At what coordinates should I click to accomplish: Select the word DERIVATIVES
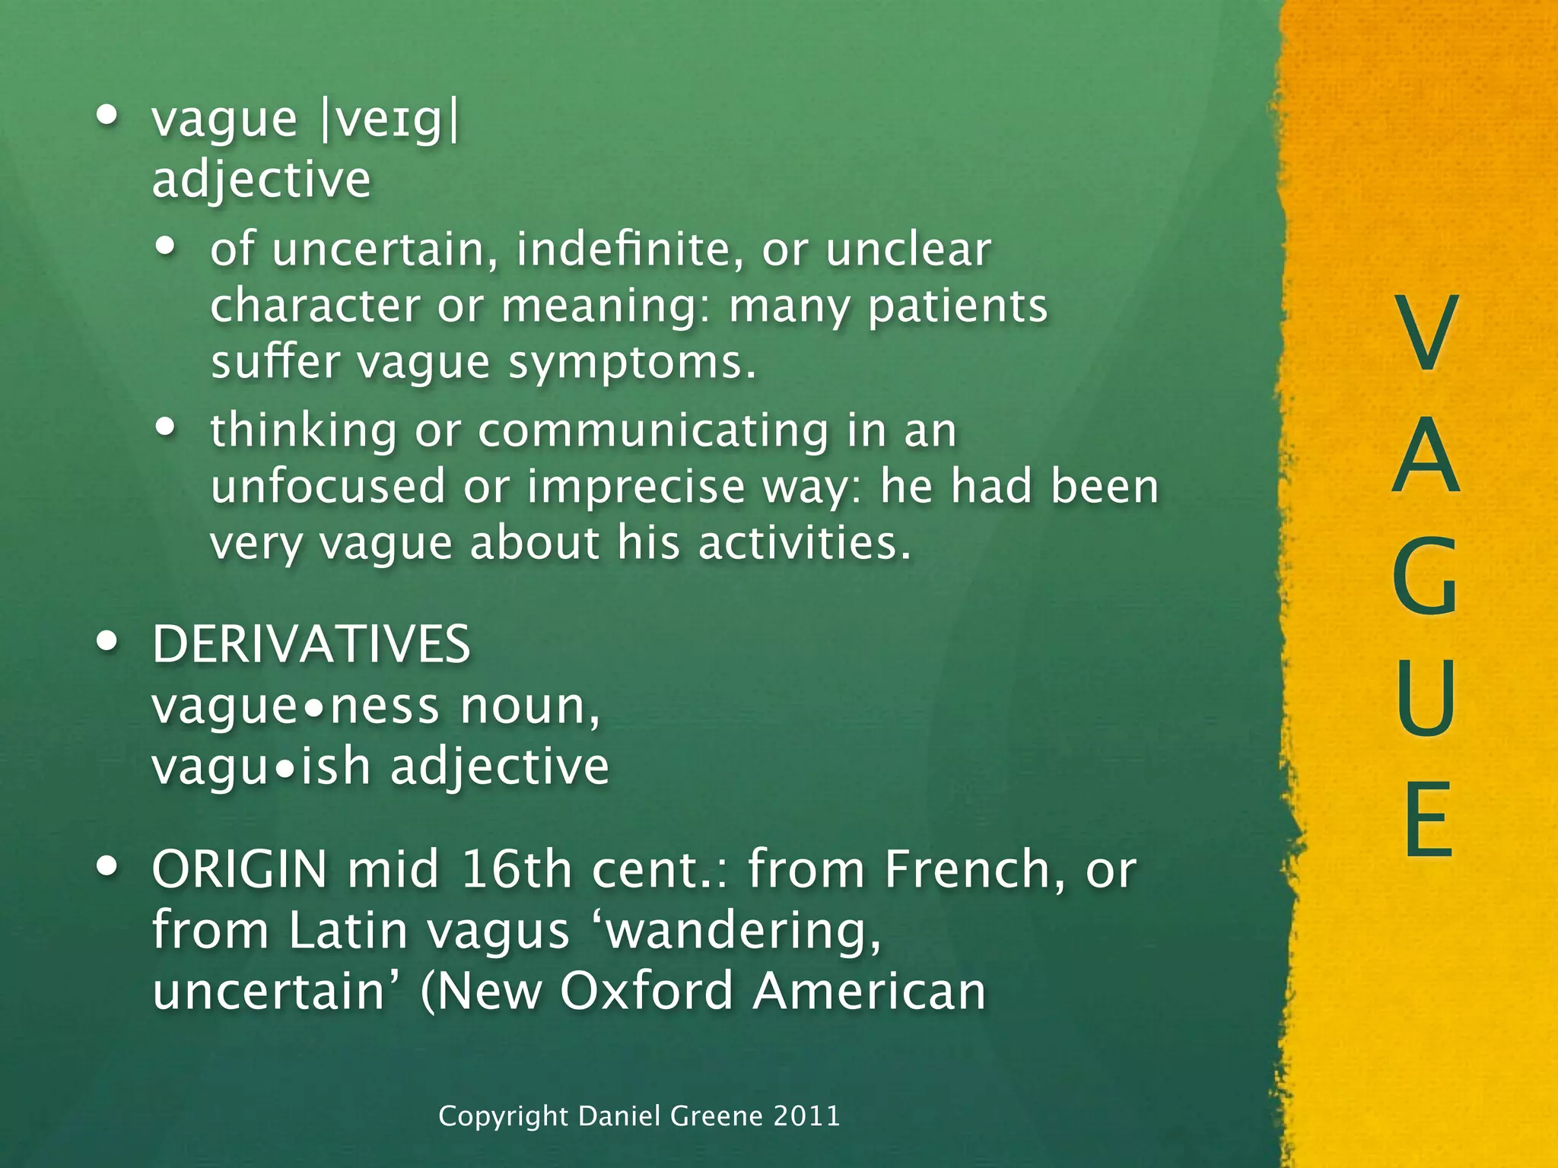click(x=311, y=645)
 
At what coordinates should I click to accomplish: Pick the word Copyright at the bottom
click(x=503, y=1116)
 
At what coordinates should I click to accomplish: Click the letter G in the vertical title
click(x=1426, y=576)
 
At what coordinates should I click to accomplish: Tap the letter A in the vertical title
click(x=1426, y=454)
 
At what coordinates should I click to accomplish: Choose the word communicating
click(x=653, y=430)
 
